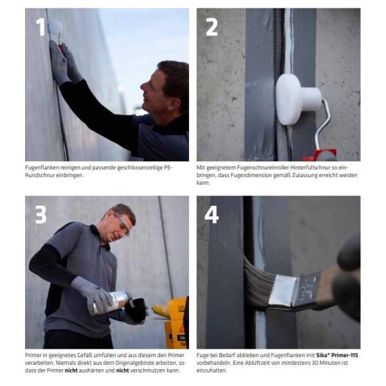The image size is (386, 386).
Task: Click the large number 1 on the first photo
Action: click(41, 27)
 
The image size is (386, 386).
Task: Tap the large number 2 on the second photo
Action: click(212, 27)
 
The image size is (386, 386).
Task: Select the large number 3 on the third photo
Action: click(41, 214)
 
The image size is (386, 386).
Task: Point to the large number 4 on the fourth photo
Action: click(212, 214)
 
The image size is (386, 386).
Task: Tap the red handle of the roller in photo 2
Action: click(320, 155)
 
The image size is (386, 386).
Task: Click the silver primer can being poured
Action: click(112, 302)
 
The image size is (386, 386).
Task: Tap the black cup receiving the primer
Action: click(135, 309)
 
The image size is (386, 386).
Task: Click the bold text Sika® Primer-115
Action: click(337, 355)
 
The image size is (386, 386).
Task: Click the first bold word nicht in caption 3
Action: click(71, 371)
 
